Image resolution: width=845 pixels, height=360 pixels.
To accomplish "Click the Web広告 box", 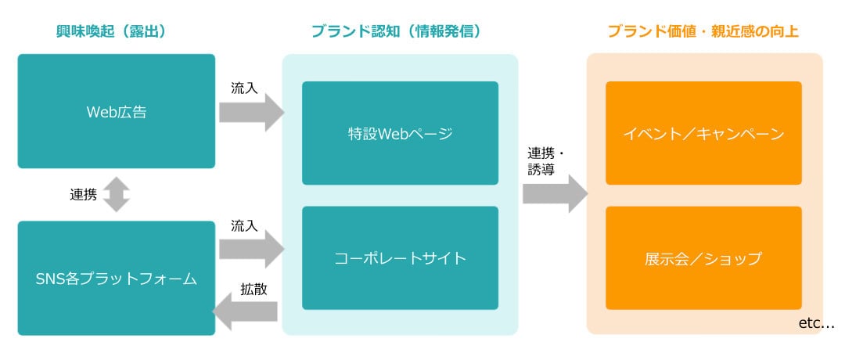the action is click(117, 111).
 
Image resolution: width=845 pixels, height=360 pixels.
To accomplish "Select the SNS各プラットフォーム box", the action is click(117, 278).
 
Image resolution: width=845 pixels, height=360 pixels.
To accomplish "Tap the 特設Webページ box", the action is click(400, 133).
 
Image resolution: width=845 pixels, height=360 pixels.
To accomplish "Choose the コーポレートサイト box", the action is click(400, 258).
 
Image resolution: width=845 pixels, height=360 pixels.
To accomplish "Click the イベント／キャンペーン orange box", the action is click(704, 133).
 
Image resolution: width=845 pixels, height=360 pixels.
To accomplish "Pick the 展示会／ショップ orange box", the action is click(704, 258).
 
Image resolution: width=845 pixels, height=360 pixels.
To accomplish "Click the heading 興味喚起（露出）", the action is click(111, 32).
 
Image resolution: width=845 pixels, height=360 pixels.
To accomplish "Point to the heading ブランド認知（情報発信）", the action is click(396, 32).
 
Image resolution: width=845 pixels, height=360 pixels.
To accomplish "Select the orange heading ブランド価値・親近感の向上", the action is click(703, 32).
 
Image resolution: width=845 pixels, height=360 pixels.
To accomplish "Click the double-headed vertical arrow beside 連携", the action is click(117, 195).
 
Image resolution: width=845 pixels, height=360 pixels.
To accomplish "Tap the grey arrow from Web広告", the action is click(251, 112).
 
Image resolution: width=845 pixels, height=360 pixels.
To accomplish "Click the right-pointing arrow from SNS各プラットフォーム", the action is click(251, 249).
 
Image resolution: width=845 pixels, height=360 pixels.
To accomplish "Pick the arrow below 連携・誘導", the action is click(555, 193).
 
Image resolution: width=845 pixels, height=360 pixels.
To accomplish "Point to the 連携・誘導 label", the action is click(545, 160).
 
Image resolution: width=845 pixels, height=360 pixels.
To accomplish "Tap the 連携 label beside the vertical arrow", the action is click(84, 195).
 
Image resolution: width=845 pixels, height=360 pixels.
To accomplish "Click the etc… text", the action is click(816, 323).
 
